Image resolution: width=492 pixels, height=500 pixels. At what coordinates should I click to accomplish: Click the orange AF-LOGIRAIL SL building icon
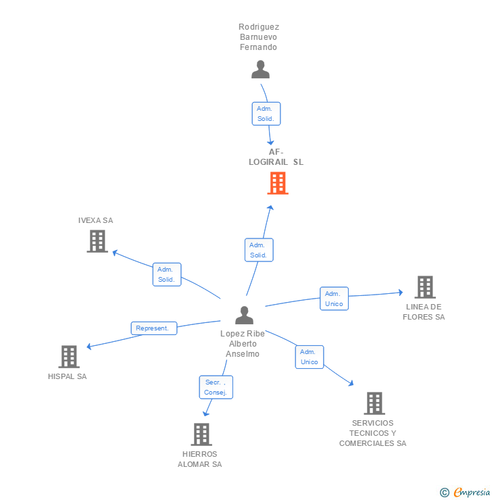278,183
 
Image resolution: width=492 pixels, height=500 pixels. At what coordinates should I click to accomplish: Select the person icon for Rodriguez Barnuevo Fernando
260,70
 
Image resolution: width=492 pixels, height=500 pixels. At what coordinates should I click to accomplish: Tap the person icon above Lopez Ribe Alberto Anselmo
244,315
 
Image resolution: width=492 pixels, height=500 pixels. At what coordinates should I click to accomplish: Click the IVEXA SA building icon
97,241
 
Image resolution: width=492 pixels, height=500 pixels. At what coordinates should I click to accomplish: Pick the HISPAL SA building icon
69,357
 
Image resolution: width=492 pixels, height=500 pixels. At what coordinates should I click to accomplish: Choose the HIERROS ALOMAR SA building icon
201,434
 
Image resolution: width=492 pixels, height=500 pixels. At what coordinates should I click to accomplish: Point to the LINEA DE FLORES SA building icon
424,287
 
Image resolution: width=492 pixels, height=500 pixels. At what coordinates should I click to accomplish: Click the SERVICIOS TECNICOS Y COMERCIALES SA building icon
374,403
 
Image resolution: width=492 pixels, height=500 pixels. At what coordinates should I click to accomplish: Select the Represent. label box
153,328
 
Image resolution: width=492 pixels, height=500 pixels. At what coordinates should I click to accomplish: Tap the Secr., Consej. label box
216,387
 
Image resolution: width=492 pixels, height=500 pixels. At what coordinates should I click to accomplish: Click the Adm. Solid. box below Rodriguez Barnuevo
266,114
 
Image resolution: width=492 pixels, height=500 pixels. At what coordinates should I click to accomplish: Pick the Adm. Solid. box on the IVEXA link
166,274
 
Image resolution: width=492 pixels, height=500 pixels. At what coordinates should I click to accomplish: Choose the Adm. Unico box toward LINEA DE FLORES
334,299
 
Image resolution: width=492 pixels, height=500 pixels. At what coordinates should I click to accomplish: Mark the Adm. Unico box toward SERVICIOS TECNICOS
310,357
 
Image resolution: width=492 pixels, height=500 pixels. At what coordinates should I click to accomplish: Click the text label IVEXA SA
95,220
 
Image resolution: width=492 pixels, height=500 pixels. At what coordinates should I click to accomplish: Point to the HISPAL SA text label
67,376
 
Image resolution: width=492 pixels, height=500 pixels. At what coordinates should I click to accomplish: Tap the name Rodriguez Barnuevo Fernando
259,37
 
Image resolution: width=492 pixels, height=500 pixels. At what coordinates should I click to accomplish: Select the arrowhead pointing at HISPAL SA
89,347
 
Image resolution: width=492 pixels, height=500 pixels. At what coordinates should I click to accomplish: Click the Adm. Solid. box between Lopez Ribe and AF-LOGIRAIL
259,250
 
